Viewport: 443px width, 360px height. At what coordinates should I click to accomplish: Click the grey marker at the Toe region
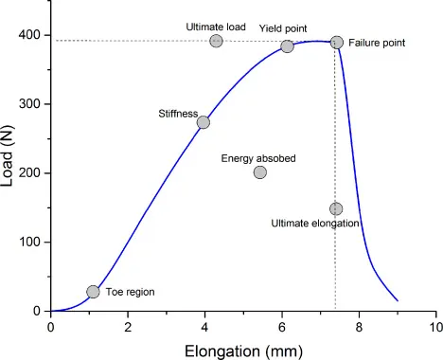[x=93, y=292]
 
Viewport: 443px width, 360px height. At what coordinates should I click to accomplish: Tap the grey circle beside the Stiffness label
[x=203, y=122]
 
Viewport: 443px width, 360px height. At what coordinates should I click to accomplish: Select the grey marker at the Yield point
[x=287, y=46]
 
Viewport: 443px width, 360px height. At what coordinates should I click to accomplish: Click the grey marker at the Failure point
[x=336, y=42]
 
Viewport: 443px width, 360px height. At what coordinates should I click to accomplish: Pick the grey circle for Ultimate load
[x=216, y=41]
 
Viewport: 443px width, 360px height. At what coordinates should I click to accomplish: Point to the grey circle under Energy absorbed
[x=259, y=171]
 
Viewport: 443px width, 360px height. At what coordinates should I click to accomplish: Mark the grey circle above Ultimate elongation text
[x=335, y=208]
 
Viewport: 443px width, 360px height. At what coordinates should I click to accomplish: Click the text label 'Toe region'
[x=130, y=293]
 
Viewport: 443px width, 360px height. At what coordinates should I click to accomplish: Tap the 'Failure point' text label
[x=377, y=44]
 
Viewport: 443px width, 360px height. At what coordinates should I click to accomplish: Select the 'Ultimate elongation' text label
[x=315, y=224]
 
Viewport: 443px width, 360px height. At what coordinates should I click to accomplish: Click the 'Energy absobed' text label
[x=258, y=157]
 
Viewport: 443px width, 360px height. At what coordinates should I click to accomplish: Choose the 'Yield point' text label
[x=283, y=29]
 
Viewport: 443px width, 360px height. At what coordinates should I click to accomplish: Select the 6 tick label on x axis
[x=282, y=327]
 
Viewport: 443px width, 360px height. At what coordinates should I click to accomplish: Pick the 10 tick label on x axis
[x=434, y=327]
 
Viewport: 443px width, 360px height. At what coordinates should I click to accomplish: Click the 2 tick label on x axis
[x=128, y=327]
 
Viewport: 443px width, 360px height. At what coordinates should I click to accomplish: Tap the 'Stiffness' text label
[x=177, y=114]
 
